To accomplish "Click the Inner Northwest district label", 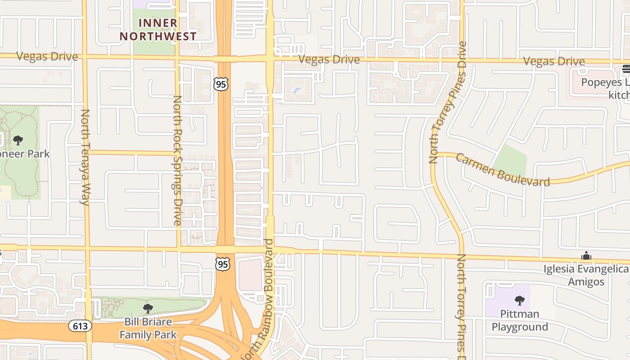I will [x=158, y=30].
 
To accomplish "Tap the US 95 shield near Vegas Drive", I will [x=221, y=84].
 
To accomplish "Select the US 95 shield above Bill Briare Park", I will [x=223, y=264].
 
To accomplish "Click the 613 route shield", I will [x=81, y=325].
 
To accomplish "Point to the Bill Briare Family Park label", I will [x=148, y=328].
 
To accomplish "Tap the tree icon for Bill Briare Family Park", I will [x=148, y=309].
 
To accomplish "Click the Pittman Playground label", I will [x=520, y=320].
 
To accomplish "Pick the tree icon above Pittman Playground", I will [x=520, y=300].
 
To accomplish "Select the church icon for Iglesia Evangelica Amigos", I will [x=586, y=256].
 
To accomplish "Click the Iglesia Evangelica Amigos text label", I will [x=585, y=275].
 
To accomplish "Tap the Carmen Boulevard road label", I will [x=502, y=170].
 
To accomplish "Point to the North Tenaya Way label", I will [x=85, y=157].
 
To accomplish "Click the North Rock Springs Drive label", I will [x=177, y=160].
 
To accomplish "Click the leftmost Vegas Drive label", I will [x=47, y=57].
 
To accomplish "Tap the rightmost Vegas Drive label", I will [x=554, y=61].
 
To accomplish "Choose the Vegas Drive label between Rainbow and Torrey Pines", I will [x=329, y=59].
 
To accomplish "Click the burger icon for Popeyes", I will [x=625, y=69].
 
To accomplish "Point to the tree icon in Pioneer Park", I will [x=18, y=140].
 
